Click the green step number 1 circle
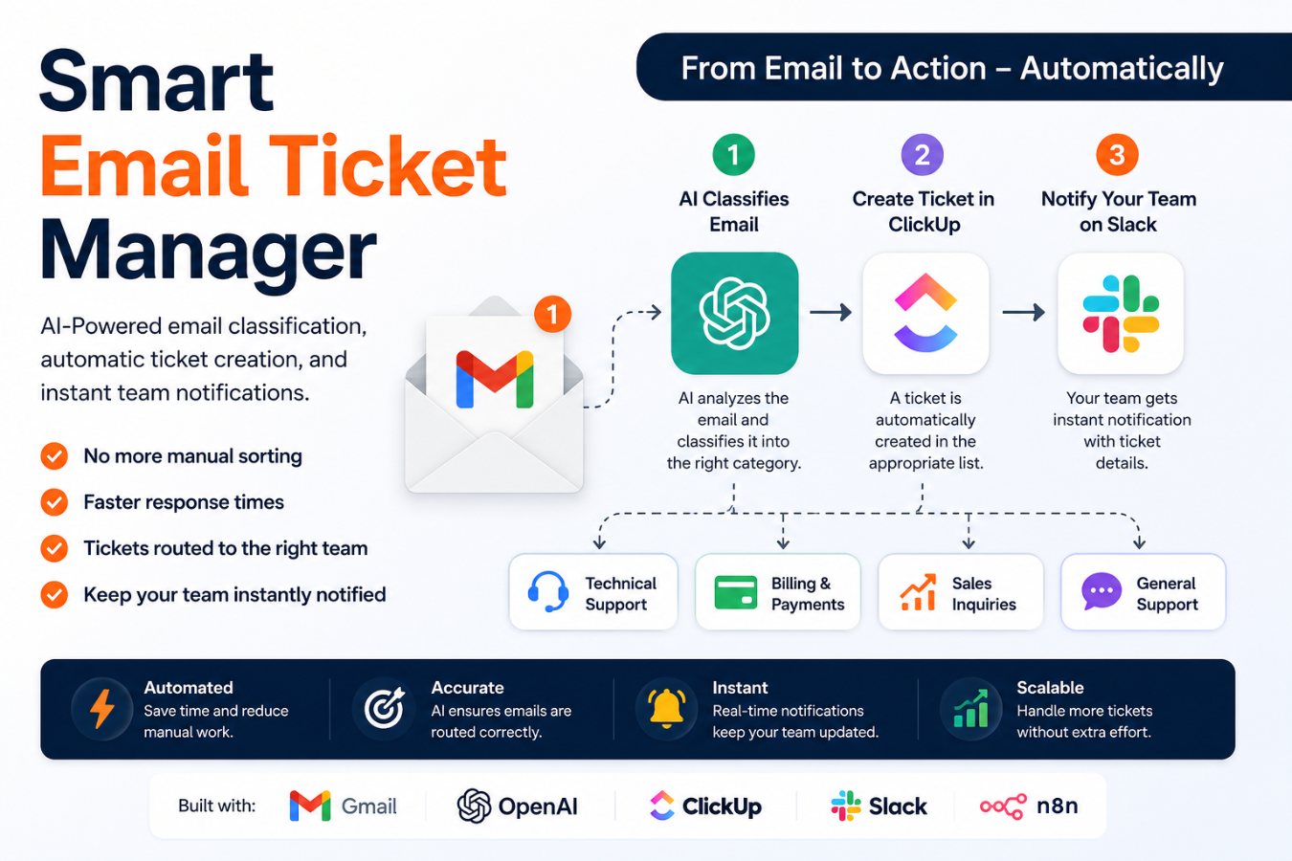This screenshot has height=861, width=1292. (x=733, y=155)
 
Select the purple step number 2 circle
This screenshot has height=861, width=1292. (x=923, y=155)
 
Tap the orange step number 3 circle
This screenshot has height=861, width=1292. (x=1117, y=155)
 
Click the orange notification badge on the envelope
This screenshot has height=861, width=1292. (x=552, y=315)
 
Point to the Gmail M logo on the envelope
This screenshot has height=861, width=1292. (x=494, y=379)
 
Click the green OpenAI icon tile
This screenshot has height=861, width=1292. (x=734, y=313)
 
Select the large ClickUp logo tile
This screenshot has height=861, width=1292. (x=925, y=313)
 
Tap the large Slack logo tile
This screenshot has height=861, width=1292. (x=1121, y=313)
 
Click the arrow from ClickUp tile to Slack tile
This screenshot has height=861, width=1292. (x=1023, y=312)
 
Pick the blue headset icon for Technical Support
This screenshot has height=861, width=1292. (x=548, y=591)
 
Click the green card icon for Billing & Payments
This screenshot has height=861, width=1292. (x=735, y=592)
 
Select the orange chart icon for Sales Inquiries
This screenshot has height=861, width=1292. (x=918, y=591)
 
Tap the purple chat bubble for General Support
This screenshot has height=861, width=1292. (x=1102, y=591)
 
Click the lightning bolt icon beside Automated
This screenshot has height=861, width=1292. (x=102, y=709)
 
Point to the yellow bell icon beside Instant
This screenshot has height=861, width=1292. (x=666, y=708)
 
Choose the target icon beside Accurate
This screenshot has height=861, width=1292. (x=384, y=708)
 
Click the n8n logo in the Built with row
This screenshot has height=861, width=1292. (x=1029, y=806)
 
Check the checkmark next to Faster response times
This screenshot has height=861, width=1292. (x=55, y=501)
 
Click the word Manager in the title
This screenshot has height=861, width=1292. (x=208, y=253)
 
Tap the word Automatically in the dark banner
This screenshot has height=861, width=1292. (x=1122, y=69)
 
